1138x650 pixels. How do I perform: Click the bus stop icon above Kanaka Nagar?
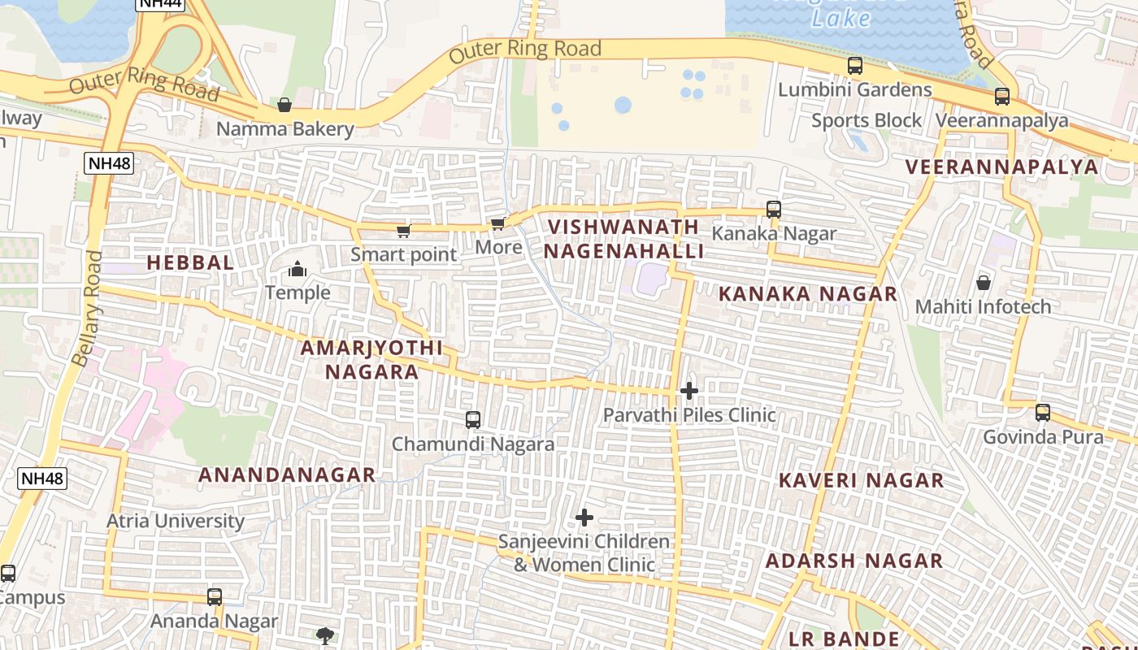click(774, 210)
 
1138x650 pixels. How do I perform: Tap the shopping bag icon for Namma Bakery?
click(284, 105)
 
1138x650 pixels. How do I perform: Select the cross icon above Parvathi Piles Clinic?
click(689, 392)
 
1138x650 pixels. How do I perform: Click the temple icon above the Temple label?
click(298, 269)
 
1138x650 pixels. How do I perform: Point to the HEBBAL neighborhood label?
click(190, 262)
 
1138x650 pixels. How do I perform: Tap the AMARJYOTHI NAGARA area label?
click(372, 360)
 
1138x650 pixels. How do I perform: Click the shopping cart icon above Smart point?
click(403, 231)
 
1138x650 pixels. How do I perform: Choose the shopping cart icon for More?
click(497, 223)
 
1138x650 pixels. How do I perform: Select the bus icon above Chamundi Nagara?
click(473, 420)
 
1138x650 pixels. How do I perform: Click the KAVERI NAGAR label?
click(862, 480)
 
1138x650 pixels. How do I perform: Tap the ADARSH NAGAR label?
click(854, 561)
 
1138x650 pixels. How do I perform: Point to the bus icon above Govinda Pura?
click(1043, 413)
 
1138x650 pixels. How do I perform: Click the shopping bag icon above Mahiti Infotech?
click(984, 283)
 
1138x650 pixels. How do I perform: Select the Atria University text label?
click(176, 521)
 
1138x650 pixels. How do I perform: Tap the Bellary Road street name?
click(88, 308)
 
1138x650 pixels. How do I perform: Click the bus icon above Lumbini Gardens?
click(855, 66)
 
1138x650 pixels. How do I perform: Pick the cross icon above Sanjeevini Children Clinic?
click(584, 518)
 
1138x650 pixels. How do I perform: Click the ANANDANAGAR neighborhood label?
click(287, 475)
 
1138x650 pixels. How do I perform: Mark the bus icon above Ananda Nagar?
click(215, 597)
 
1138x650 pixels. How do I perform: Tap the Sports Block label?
click(867, 121)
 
